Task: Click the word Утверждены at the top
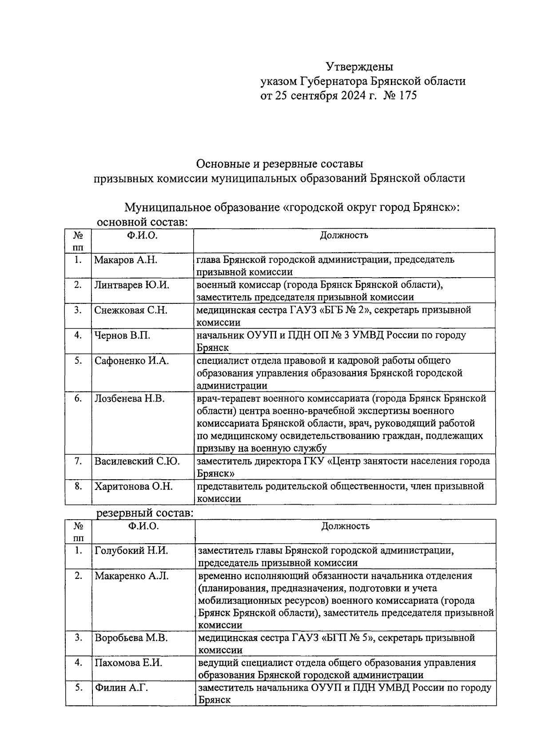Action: (360, 67)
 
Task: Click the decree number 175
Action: (408, 95)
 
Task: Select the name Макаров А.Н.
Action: (125, 260)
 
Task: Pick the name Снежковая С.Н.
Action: (131, 310)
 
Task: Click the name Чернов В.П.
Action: (122, 335)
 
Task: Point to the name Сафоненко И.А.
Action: (131, 361)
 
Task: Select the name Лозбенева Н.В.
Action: (129, 398)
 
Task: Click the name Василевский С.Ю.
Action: (137, 461)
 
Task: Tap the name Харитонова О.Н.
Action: (133, 486)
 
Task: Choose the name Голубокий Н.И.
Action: (131, 551)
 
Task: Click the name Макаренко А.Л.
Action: (131, 576)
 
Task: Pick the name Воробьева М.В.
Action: (131, 638)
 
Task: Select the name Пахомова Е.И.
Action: (128, 663)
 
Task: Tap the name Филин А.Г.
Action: (121, 688)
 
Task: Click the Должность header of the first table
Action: (344, 235)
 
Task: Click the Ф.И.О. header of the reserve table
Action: (143, 526)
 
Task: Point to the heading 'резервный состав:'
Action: (145, 513)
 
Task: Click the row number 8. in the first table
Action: (78, 486)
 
